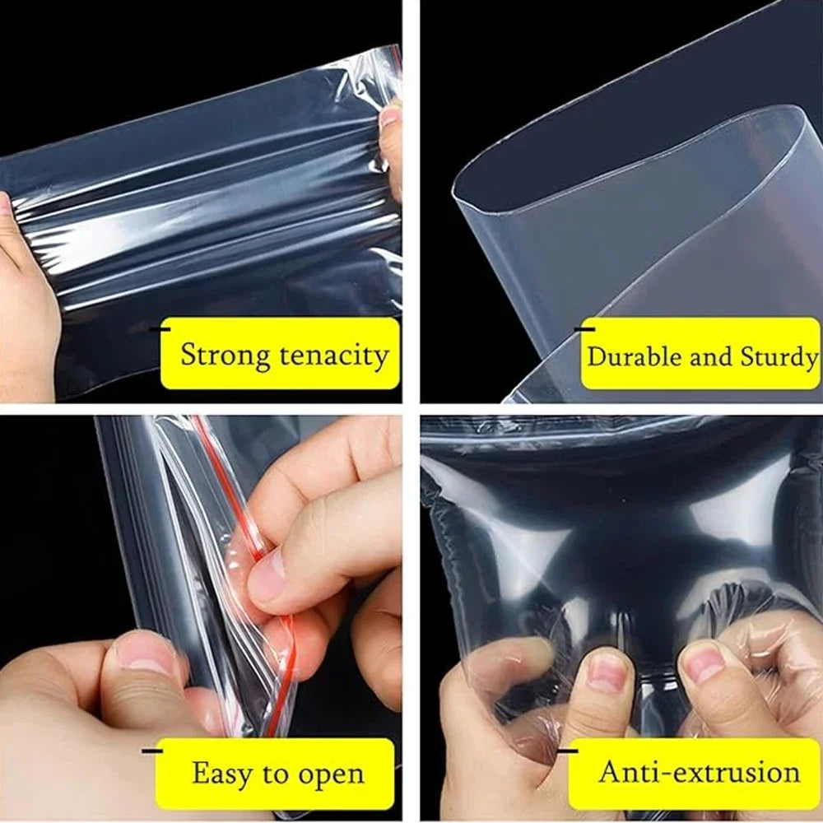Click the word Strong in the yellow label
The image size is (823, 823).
[x=225, y=356]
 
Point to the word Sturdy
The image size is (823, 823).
[x=779, y=357]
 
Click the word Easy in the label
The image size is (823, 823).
[x=221, y=774]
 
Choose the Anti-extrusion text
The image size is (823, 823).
[x=699, y=772]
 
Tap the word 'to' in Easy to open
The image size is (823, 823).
[x=272, y=774]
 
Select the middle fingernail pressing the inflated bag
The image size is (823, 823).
[x=607, y=671]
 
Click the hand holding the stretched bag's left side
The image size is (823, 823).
[x=25, y=305]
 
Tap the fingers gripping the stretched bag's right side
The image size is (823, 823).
[x=391, y=140]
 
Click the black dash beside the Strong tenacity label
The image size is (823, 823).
[x=165, y=328]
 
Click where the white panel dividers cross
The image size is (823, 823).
[x=411, y=409]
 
